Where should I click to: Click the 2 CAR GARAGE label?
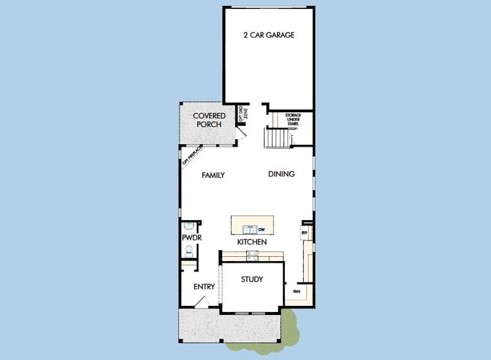[x=269, y=35]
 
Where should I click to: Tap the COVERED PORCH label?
[x=209, y=120]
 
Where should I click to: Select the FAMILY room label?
[x=213, y=175]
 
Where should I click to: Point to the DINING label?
[x=281, y=174]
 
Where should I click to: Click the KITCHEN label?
[x=252, y=242]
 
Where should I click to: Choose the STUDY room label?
[x=252, y=280]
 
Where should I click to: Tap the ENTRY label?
[x=204, y=287]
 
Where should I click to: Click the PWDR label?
[x=191, y=238]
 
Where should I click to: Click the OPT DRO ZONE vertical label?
[x=242, y=114]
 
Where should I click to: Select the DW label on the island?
[x=261, y=229]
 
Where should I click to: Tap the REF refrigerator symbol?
[x=304, y=232]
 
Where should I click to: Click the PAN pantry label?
[x=296, y=292]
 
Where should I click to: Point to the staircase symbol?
[x=277, y=139]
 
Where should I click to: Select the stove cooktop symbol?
[x=252, y=256]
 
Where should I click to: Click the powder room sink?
[x=189, y=227]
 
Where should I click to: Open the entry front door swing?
[x=203, y=304]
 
